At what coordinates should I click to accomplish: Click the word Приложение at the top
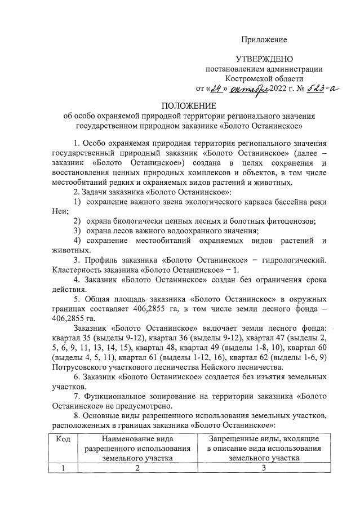(264, 39)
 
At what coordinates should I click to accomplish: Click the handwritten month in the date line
(245, 89)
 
